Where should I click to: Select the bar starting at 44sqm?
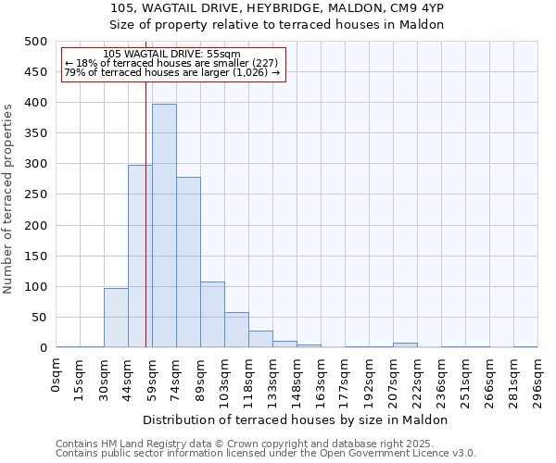click(139, 256)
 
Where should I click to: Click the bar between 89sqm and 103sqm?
click(212, 315)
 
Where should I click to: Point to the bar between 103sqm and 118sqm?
click(236, 330)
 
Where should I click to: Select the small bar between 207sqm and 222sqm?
click(405, 344)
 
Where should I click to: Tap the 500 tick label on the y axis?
click(35, 42)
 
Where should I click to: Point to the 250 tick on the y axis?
click(35, 194)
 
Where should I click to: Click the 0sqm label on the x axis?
click(57, 379)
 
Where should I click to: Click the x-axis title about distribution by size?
click(296, 420)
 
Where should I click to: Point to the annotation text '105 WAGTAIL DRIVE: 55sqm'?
click(171, 55)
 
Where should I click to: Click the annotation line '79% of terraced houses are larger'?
click(171, 72)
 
